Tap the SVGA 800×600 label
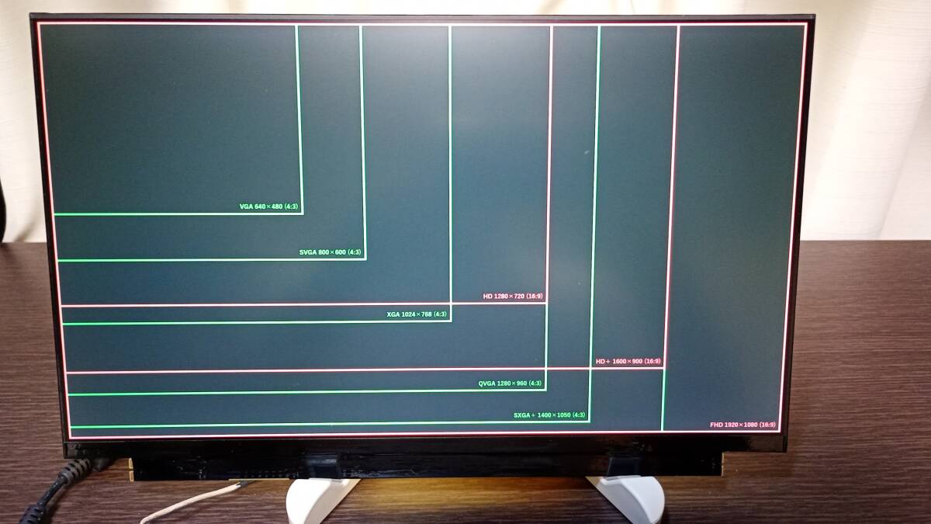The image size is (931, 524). pyautogui.click(x=330, y=252)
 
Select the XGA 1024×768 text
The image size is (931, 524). pyautogui.click(x=417, y=314)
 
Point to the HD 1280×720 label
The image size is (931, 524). pyautogui.click(x=513, y=297)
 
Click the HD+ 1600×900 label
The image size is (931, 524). pyautogui.click(x=628, y=362)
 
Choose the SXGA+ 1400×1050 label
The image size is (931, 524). pyautogui.click(x=549, y=415)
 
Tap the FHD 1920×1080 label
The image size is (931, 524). pyautogui.click(x=742, y=425)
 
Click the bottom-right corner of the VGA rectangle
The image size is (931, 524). pyautogui.click(x=302, y=213)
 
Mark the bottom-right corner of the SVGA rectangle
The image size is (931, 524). pyautogui.click(x=365, y=259)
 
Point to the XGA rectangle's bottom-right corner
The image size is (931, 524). pyautogui.click(x=451, y=320)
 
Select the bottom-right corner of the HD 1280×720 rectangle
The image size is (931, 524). pyautogui.click(x=547, y=302)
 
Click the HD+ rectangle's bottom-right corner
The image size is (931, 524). pyautogui.click(x=663, y=368)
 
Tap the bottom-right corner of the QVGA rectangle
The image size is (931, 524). pyautogui.click(x=545, y=390)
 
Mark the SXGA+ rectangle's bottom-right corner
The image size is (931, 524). pyautogui.click(x=589, y=422)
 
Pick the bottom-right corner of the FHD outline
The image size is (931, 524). pyautogui.click(x=780, y=432)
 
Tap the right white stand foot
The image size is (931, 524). pyautogui.click(x=632, y=497)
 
